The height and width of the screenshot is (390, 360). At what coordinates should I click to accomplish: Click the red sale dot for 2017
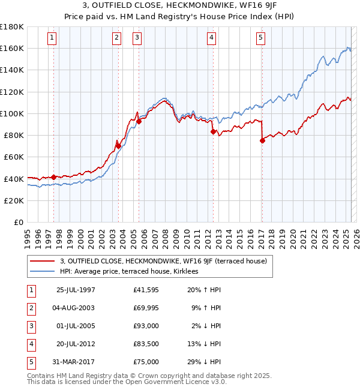click(x=262, y=141)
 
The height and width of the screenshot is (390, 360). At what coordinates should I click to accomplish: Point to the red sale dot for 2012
click(x=213, y=131)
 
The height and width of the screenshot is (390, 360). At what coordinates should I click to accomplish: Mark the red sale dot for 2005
click(x=139, y=121)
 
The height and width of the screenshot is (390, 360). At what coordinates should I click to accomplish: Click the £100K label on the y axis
click(x=12, y=113)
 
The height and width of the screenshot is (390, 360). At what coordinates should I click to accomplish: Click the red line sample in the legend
click(x=43, y=260)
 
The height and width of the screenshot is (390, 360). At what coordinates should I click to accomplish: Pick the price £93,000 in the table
click(x=146, y=326)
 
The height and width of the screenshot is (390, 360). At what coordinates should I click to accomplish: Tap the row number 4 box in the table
click(x=31, y=344)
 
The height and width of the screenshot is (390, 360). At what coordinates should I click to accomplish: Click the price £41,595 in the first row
click(x=146, y=290)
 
